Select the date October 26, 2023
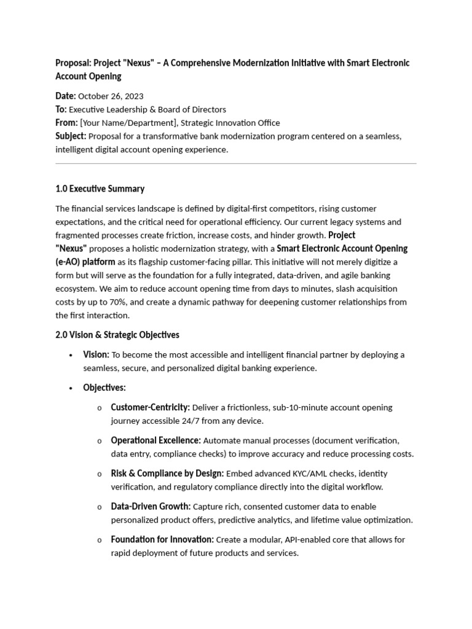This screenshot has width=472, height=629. (x=111, y=96)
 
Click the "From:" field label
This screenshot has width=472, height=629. (x=66, y=123)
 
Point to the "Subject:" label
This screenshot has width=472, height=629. (x=71, y=136)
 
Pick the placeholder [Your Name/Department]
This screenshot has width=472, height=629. (x=128, y=123)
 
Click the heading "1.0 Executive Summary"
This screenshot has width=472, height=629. (x=100, y=189)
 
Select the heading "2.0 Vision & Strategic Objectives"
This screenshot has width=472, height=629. (x=117, y=335)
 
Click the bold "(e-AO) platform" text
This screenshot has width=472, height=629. (x=85, y=262)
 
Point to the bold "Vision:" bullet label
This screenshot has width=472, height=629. (x=96, y=355)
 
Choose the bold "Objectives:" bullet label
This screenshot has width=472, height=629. (x=104, y=388)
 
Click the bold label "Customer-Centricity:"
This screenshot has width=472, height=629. (x=150, y=408)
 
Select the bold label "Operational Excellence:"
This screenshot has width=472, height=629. (x=155, y=440)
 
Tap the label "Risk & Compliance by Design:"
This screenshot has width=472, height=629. (x=167, y=474)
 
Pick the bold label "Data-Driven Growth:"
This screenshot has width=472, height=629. (x=151, y=507)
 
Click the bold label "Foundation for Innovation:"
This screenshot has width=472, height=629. (x=162, y=540)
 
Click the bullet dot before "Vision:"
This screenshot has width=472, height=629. (x=71, y=355)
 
